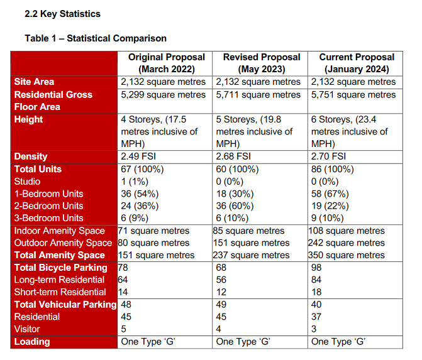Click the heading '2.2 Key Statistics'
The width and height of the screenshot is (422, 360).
click(62, 14)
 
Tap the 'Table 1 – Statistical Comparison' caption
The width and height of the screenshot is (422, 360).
click(96, 38)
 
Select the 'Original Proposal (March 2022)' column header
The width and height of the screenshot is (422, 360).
click(167, 63)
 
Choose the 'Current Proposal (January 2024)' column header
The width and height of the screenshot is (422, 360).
click(357, 63)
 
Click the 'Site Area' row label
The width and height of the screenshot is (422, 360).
click(34, 82)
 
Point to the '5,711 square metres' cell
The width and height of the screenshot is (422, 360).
click(258, 95)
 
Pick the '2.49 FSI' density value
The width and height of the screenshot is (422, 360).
click(138, 156)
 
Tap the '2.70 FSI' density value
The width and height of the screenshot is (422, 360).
click(329, 156)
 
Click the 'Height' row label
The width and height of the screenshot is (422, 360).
click(28, 119)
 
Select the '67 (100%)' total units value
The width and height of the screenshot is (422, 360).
click(142, 170)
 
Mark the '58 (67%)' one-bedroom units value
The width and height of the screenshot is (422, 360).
click(330, 194)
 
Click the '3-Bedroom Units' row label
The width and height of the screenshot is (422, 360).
click(48, 218)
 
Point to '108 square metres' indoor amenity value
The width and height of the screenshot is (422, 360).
click(347, 231)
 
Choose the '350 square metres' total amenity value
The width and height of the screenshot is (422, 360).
click(347, 255)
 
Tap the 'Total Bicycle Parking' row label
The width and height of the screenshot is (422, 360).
click(61, 268)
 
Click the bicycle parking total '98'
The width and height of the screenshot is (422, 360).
click(316, 268)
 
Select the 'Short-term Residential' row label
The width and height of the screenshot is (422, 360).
click(60, 292)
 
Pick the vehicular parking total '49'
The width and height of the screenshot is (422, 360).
click(221, 305)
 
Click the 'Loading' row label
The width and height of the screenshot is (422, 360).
click(32, 342)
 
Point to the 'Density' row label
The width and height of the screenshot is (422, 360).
click(31, 156)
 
